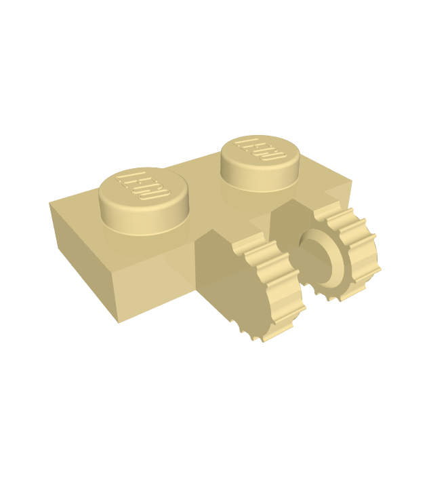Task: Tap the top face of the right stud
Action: point(260,153)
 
